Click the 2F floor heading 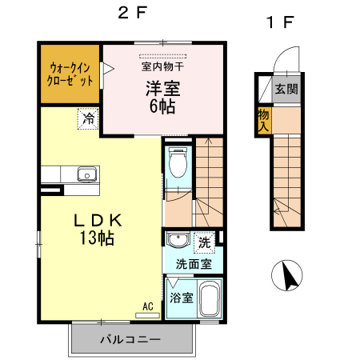point(129,14)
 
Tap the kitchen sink point(86,175)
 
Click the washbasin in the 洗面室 point(177,242)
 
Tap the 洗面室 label point(194,262)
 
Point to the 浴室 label point(181,298)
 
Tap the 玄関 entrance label point(286,89)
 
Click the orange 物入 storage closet point(264,121)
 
